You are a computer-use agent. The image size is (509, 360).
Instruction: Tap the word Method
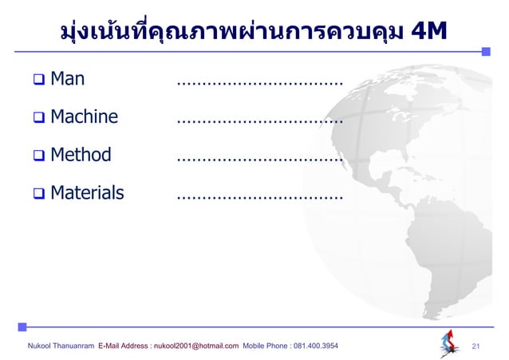[81, 155]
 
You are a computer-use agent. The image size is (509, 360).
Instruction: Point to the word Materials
[87, 192]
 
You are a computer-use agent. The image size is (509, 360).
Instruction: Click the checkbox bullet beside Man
[37, 81]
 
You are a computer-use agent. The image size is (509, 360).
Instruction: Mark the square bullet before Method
[37, 156]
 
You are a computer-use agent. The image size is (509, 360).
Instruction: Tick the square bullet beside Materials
[37, 193]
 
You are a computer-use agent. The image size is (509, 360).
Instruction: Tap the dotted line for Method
[258, 159]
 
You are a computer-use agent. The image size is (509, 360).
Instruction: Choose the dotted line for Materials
[258, 196]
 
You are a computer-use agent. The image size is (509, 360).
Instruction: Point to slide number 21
[477, 346]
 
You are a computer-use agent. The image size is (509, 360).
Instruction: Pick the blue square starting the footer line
[22, 326]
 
